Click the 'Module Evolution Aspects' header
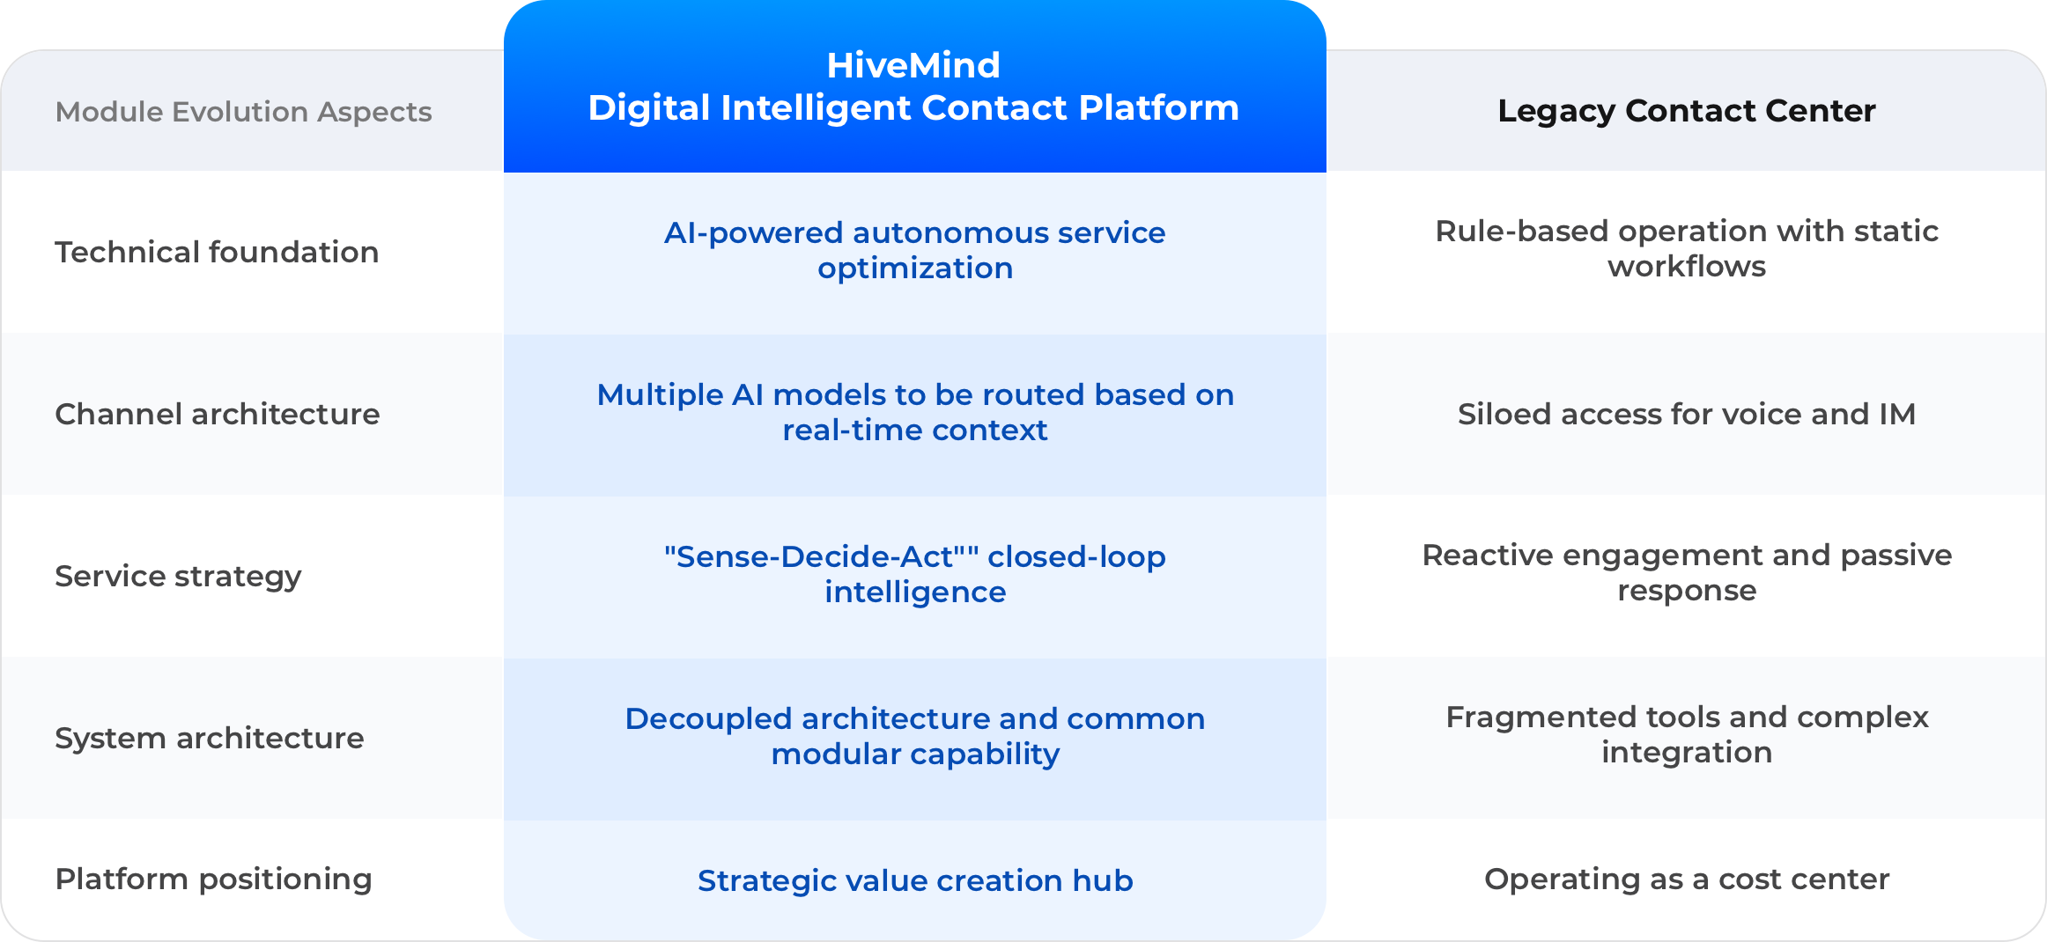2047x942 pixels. coord(243,112)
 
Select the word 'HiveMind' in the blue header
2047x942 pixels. coord(913,65)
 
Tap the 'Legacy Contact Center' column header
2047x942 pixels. coord(1687,111)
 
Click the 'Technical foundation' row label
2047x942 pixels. coord(217,252)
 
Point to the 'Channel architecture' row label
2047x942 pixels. coord(217,414)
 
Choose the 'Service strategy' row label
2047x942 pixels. coord(178,577)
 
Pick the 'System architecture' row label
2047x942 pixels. coord(209,739)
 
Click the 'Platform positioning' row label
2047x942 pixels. coord(213,879)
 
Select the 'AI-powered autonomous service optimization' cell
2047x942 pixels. coord(915,250)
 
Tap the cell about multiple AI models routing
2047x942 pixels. coord(915,412)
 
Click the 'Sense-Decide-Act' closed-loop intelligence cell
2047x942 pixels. coord(915,574)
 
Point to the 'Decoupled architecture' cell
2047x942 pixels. coord(915,736)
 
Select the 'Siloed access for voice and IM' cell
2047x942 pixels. coord(1687,414)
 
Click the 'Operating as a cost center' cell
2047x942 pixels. coord(1687,879)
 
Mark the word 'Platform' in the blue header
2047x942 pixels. coord(1158,108)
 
